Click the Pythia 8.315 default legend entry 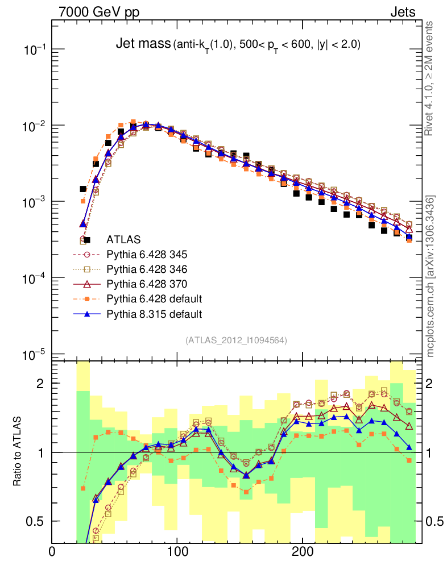[154, 313]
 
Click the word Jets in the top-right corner [402, 11]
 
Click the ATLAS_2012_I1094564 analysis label [236, 340]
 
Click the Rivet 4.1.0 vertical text [430, 80]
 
